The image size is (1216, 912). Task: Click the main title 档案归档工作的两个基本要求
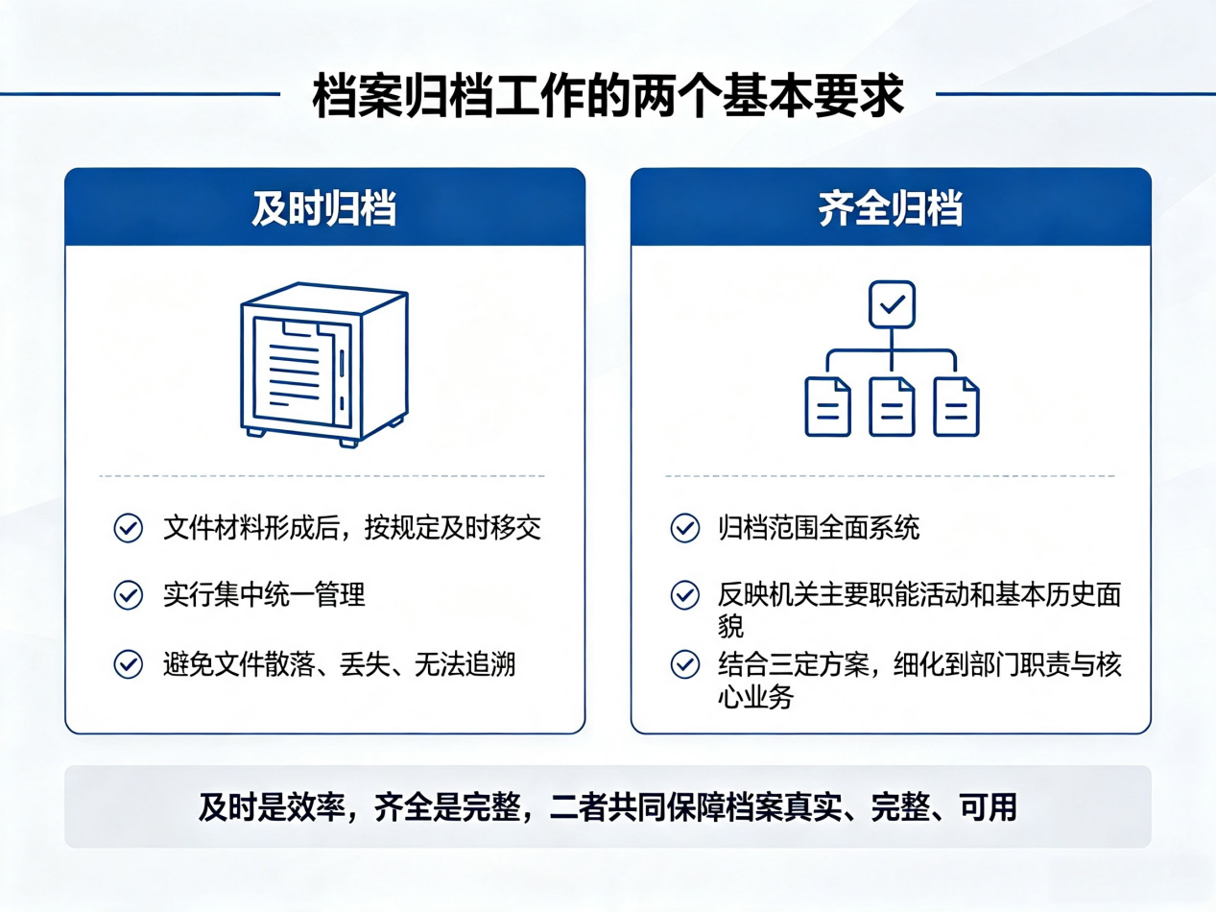point(608,95)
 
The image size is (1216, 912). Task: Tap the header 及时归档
point(324,208)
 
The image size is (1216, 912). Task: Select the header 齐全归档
point(891,208)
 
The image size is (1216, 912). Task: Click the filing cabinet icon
point(324,365)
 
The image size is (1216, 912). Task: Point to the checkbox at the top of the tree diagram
point(892,304)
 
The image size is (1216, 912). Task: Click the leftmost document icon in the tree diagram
point(827,407)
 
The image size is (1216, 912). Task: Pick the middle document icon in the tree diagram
point(892,407)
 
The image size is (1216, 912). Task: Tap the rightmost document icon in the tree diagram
point(956,407)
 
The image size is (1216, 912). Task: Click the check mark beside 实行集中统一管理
point(129,595)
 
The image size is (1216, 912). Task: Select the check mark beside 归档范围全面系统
point(685,527)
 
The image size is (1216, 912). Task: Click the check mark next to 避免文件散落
point(129,663)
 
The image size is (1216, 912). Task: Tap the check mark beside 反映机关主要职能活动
point(685,595)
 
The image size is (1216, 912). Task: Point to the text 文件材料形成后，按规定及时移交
point(352,527)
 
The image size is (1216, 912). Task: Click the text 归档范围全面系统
point(819,527)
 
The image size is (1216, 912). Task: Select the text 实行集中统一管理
point(264,595)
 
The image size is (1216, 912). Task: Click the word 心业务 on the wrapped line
point(755,696)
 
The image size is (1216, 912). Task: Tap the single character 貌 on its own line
point(730,627)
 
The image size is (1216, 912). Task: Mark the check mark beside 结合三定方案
point(685,663)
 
